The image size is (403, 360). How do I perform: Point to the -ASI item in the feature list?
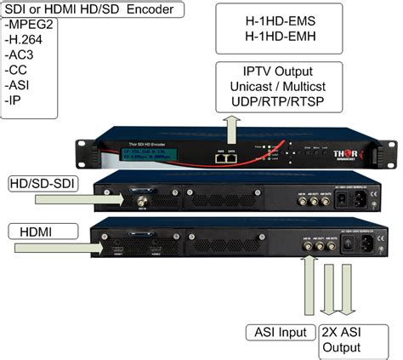coord(19,86)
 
